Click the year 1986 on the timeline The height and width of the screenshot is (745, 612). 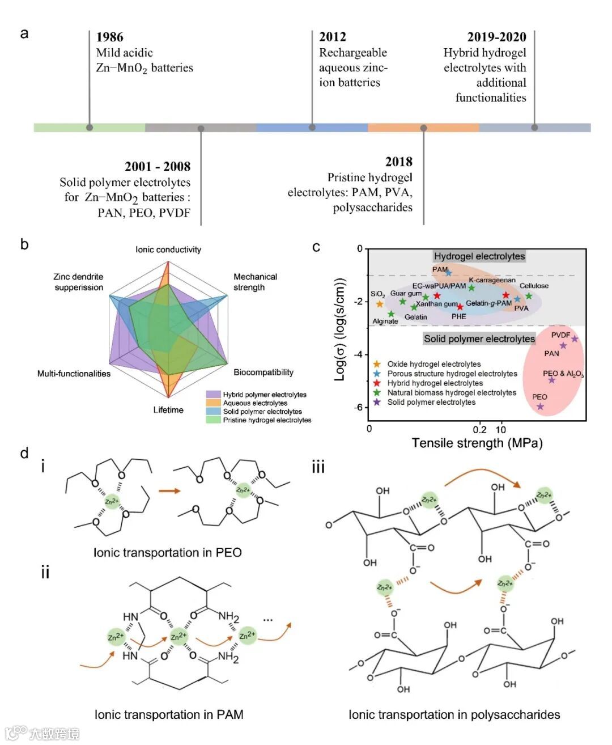pyautogui.click(x=109, y=37)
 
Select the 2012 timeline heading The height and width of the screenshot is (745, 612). pyautogui.click(x=332, y=37)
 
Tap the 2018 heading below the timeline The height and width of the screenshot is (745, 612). pyautogui.click(x=398, y=162)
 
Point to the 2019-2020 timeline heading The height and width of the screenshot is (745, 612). pyautogui.click(x=496, y=37)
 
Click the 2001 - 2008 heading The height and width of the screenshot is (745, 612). pyautogui.click(x=158, y=167)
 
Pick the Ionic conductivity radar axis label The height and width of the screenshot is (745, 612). pyautogui.click(x=168, y=249)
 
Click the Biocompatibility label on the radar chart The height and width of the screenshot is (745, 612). pyautogui.click(x=263, y=372)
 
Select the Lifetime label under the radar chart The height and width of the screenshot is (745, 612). pyautogui.click(x=168, y=410)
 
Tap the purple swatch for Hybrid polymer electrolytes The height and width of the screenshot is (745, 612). pyautogui.click(x=213, y=395)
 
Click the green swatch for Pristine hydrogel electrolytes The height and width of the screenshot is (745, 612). pyautogui.click(x=213, y=420)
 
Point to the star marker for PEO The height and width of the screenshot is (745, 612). pyautogui.click(x=540, y=407)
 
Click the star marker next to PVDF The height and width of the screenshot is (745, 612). pyautogui.click(x=575, y=339)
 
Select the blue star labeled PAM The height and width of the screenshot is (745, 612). pyautogui.click(x=449, y=273)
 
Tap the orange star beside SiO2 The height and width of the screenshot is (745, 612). pyautogui.click(x=380, y=304)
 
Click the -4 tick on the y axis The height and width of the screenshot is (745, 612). pyautogui.click(x=359, y=354)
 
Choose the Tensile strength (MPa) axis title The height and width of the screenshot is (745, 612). pyautogui.click(x=477, y=443)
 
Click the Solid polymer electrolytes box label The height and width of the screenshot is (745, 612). pyautogui.click(x=479, y=339)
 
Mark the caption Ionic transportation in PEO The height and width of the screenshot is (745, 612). pyautogui.click(x=167, y=553)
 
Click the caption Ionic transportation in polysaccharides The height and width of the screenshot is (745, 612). pyautogui.click(x=454, y=715)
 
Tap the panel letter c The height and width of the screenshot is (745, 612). pyautogui.click(x=316, y=247)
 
